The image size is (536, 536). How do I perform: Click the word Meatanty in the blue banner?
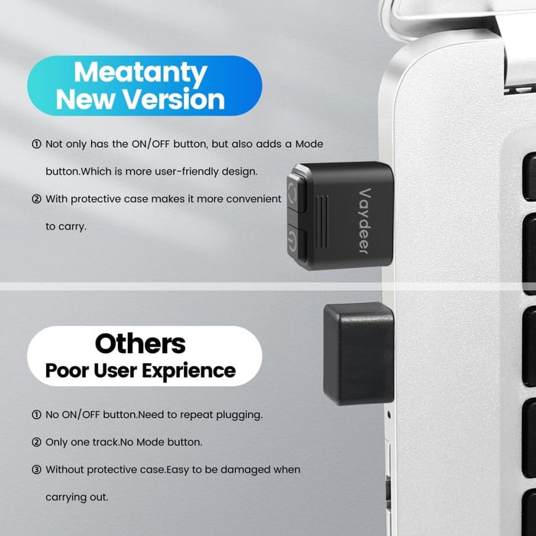(141, 73)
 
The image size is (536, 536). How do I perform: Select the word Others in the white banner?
(140, 343)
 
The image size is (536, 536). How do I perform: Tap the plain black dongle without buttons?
(358, 352)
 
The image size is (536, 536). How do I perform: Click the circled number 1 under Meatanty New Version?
(36, 144)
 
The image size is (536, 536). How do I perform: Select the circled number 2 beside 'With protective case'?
(36, 199)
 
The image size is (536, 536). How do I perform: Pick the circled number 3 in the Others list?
(36, 469)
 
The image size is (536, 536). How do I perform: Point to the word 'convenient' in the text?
(252, 199)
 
